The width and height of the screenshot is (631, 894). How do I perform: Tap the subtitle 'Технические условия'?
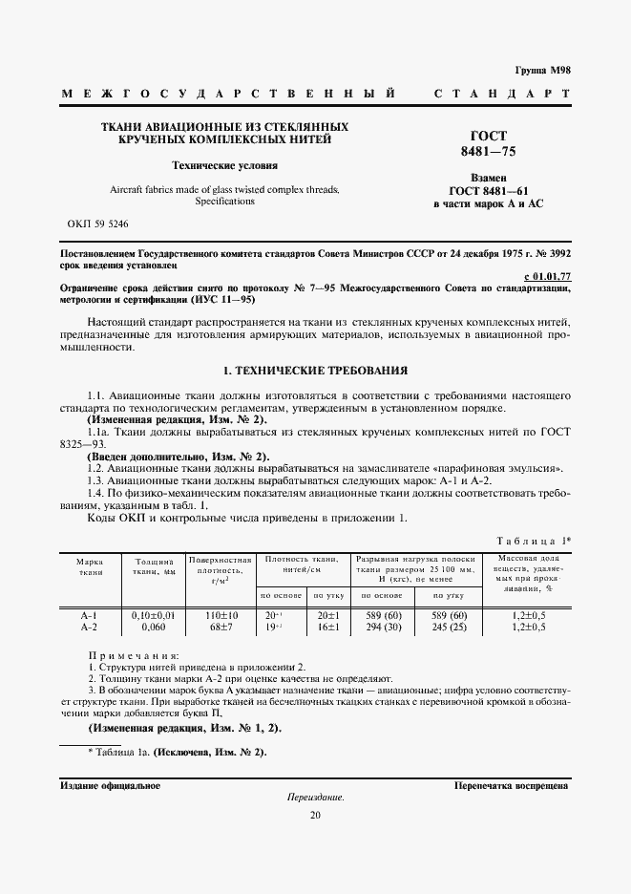(x=224, y=165)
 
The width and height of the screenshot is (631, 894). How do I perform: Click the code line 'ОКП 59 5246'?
(x=98, y=223)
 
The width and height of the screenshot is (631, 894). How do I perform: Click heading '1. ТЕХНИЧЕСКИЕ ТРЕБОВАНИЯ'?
(x=315, y=370)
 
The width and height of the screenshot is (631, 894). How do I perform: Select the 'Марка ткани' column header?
(x=91, y=566)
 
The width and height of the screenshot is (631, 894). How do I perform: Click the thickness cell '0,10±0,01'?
(x=153, y=616)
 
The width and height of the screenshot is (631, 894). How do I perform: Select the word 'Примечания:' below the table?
(x=133, y=656)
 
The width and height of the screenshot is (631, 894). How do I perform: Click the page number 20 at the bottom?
(x=315, y=814)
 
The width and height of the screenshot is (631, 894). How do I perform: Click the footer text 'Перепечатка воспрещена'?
(x=512, y=785)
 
